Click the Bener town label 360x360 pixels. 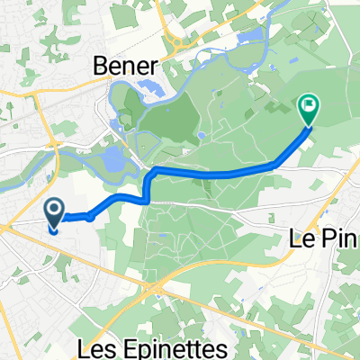point(127,66)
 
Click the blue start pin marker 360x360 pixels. point(54,214)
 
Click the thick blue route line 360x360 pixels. point(216,172)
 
